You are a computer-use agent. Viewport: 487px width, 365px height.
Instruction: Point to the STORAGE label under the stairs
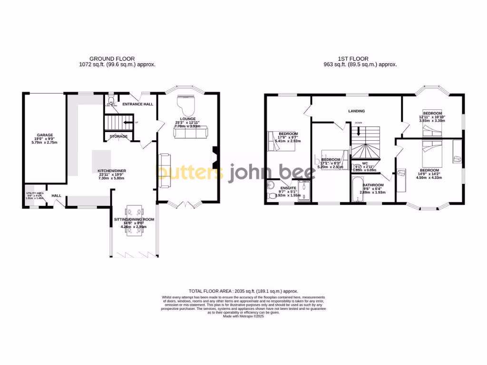point(118,136)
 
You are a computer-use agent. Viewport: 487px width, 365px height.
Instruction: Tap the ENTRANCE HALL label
point(137,104)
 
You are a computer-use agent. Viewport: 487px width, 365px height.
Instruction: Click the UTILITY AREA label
point(34,193)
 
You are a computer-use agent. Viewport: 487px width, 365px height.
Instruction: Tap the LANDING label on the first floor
point(356,111)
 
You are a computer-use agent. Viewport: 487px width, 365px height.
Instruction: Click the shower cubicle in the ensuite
point(306,192)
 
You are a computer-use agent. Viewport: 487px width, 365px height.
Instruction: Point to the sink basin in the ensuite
point(271,185)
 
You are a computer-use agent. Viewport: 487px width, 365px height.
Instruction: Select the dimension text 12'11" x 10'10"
point(432,117)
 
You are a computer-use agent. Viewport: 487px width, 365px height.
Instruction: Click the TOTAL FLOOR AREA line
point(243,291)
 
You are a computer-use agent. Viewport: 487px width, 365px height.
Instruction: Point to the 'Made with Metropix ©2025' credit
point(243,316)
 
